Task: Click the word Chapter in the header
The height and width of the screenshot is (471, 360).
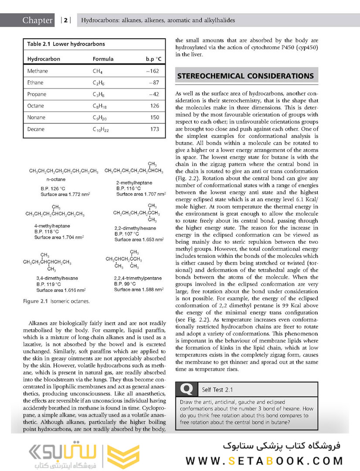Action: (37, 20)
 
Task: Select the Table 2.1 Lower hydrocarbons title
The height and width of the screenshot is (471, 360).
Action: (66, 44)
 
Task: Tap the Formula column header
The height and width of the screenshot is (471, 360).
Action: (103, 59)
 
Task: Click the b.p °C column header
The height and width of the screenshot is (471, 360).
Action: (153, 59)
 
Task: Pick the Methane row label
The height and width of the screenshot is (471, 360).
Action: (37, 71)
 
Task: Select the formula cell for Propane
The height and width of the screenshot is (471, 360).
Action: (98, 94)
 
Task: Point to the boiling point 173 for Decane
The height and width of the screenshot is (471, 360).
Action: (155, 130)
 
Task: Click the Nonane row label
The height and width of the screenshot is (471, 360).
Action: (36, 118)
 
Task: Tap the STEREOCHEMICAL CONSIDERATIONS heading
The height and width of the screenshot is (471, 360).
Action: (245, 76)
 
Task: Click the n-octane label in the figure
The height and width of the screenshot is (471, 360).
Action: (56, 179)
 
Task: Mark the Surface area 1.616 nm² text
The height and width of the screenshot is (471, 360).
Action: (61, 290)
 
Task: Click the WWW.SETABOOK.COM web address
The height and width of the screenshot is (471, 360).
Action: (264, 461)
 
